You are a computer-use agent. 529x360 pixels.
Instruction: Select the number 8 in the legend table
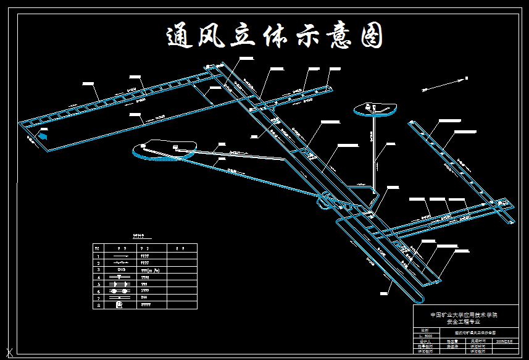pyautogui.click(x=98, y=305)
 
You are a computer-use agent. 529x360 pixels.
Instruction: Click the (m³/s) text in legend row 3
pyautogui.click(x=152, y=270)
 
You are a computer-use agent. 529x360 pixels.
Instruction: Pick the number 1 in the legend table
pyautogui.click(x=98, y=255)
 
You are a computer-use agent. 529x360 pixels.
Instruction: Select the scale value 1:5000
pyautogui.click(x=425, y=335)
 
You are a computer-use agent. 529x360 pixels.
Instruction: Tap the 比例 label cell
pyautogui.click(x=424, y=330)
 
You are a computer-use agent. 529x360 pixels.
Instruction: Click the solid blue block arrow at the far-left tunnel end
pyautogui.click(x=43, y=135)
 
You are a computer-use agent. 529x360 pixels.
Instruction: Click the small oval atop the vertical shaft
pyautogui.click(x=375, y=109)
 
